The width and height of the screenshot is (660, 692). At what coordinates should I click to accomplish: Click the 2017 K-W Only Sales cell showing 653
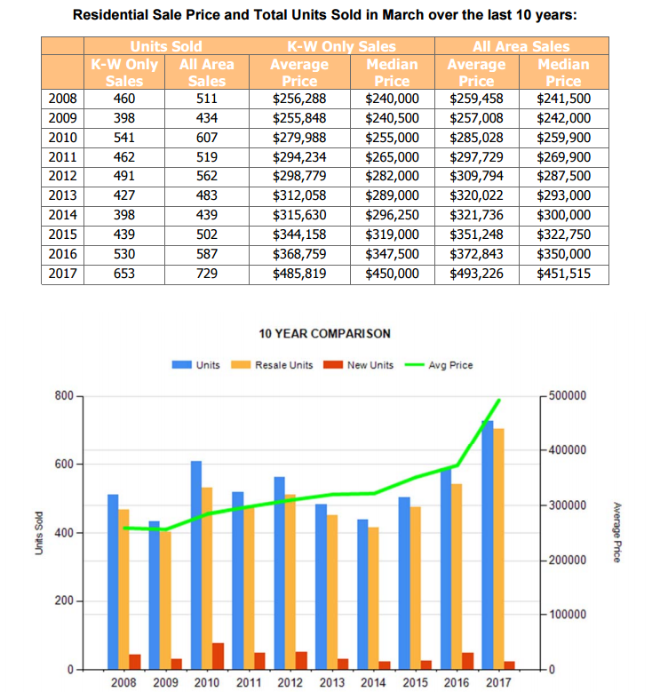tap(123, 274)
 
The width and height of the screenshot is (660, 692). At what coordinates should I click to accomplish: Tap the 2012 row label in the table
tap(62, 176)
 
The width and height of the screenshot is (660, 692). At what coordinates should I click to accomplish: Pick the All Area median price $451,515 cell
tap(564, 274)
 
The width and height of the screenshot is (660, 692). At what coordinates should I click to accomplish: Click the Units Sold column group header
tap(166, 46)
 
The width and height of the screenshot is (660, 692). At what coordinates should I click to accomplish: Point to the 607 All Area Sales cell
tap(206, 137)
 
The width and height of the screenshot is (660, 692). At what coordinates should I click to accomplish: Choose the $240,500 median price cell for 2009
tap(392, 117)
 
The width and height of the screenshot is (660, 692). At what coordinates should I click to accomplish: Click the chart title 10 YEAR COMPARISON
tap(324, 334)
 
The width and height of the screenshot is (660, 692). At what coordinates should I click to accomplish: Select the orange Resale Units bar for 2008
tap(123, 588)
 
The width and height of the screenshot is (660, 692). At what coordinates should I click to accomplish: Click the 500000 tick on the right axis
tap(569, 395)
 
